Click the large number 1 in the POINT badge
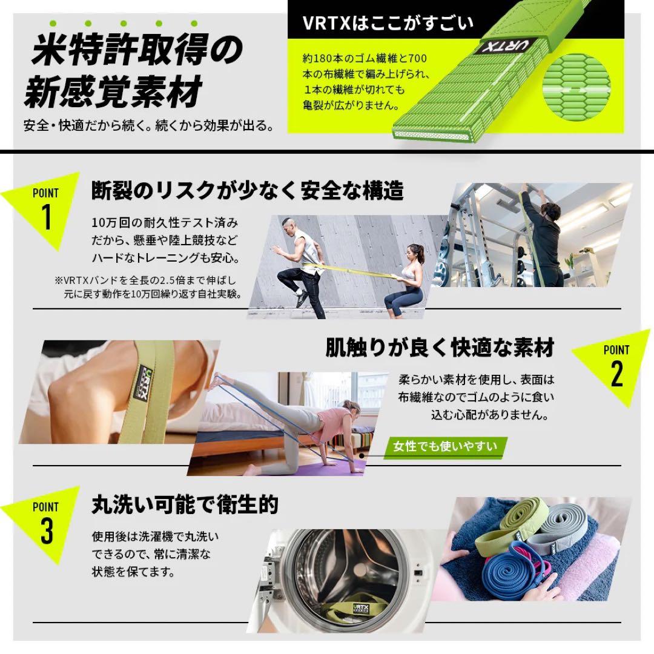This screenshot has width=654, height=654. click(47, 218)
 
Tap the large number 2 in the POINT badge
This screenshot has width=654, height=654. click(616, 374)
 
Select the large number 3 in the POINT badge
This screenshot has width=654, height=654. click(47, 531)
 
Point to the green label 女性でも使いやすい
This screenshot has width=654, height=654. click(445, 448)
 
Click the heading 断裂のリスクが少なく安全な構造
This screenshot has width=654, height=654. click(247, 191)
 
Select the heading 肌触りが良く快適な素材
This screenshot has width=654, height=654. click(440, 348)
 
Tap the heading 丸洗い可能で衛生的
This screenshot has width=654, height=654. click(185, 504)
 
